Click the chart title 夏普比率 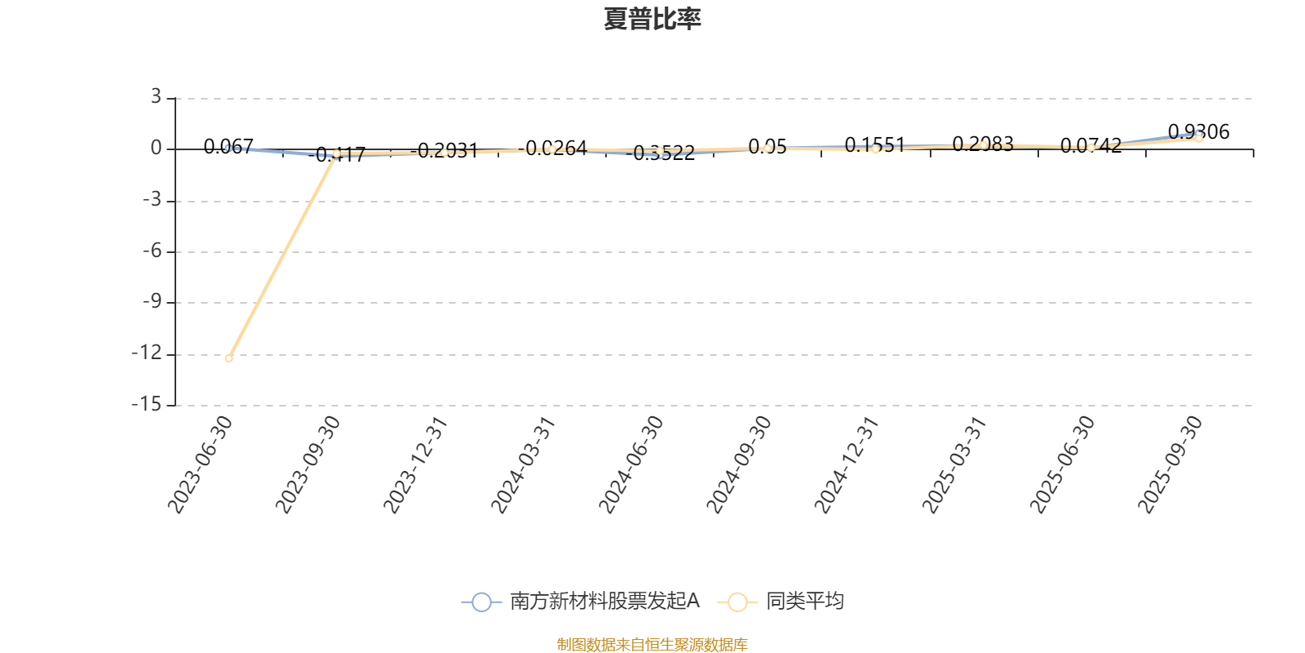[x=652, y=19]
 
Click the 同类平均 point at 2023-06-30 [x=229, y=358]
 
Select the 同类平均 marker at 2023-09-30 [x=336, y=153]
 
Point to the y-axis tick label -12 [x=148, y=354]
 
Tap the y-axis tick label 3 [x=156, y=99]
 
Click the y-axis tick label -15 [x=148, y=405]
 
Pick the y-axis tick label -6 [x=151, y=251]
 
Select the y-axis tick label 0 [x=156, y=149]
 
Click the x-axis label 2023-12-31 [x=417, y=464]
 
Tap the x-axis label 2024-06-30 [x=632, y=464]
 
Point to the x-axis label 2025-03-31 [x=955, y=464]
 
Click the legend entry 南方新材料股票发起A [x=604, y=602]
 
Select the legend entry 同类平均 [x=804, y=602]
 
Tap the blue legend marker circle [x=482, y=602]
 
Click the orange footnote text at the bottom [x=652, y=645]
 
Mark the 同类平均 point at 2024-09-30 [x=768, y=148]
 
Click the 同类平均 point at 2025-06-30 [x=1090, y=148]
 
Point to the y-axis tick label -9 [x=151, y=303]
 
